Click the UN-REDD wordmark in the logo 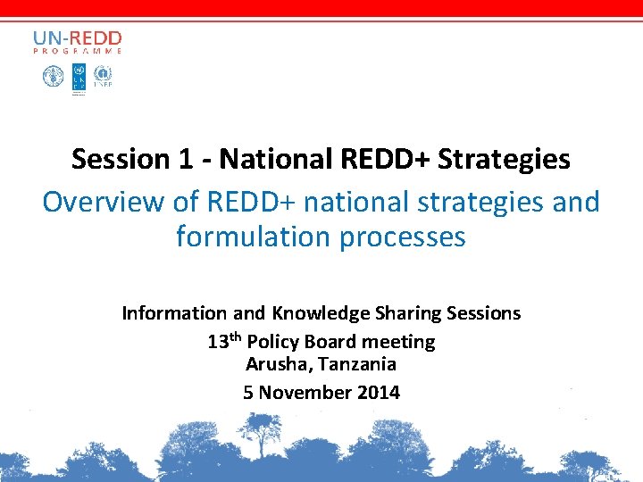(x=77, y=38)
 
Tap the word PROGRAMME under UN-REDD (x=77, y=52)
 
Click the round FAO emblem (x=52, y=76)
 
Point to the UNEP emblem (x=104, y=76)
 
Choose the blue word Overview (x=104, y=202)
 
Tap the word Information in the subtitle (x=175, y=313)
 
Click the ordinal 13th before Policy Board (x=224, y=341)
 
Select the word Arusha (x=273, y=364)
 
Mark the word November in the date (x=306, y=392)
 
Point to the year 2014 (x=379, y=392)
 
